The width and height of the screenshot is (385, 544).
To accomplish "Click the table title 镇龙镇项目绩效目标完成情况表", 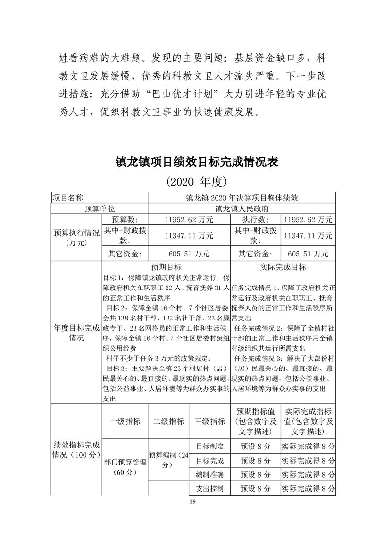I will coord(196,161).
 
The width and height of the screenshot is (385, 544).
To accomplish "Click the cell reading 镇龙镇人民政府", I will coord(241,209).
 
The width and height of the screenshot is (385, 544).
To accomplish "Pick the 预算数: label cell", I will coord(125,220).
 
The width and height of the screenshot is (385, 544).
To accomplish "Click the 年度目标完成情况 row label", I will coord(76,333).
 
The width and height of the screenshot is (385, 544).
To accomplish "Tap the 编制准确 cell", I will coord(209,474).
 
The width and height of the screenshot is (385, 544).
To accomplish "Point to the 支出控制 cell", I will coord(209,488).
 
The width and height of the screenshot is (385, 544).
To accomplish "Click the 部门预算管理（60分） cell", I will coord(125,467).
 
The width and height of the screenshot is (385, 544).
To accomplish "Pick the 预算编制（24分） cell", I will coord(168,460).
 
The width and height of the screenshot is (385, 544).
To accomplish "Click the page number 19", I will coord(193,501).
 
